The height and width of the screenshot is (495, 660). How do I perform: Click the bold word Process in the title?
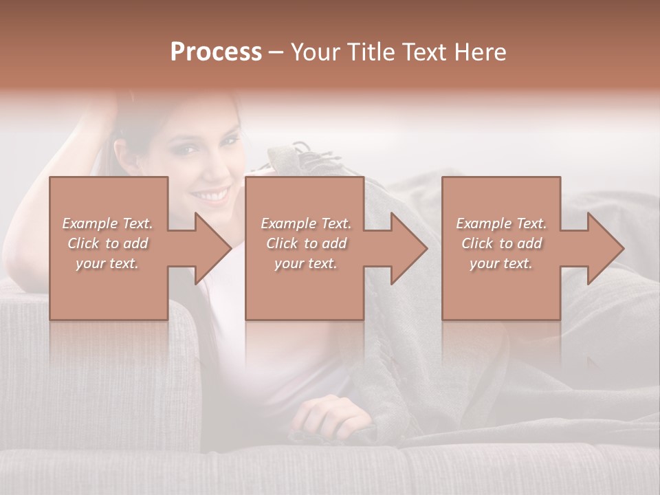pos(216,52)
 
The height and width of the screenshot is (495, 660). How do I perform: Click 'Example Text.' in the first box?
pos(107,223)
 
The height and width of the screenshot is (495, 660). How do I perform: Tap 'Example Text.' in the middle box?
pos(305,223)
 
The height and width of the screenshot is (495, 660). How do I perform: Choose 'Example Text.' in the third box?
pos(501,223)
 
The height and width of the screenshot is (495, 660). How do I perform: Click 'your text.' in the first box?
pos(107,263)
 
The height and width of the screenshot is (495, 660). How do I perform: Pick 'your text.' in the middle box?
pos(305,263)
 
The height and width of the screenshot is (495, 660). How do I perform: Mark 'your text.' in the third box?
pos(501,263)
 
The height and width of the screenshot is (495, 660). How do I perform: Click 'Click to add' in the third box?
pos(501,243)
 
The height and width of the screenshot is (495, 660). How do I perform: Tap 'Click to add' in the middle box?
pos(305,243)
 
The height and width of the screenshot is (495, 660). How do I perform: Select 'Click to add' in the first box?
pos(107,243)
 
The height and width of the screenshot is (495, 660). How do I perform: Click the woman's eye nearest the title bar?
pos(231,140)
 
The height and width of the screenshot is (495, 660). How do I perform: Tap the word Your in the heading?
pos(316,52)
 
